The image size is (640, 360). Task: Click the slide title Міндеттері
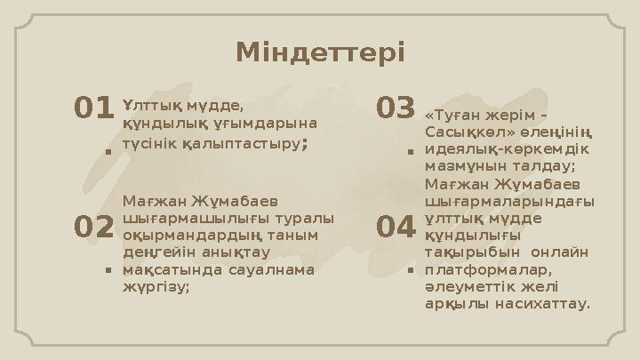tap(320, 52)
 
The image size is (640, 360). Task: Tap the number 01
tap(93, 108)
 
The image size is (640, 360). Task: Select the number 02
tap(93, 228)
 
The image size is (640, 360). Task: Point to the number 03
tap(396, 108)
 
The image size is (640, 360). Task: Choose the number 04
tap(396, 228)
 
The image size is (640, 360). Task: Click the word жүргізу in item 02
tap(155, 285)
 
